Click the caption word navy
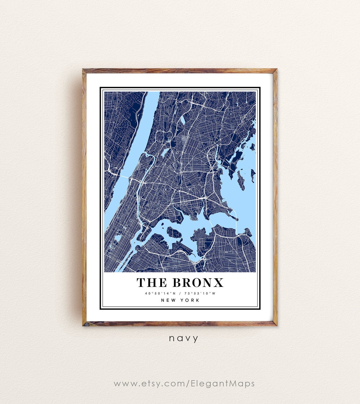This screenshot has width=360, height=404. coord(183,339)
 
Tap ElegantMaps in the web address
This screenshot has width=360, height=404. coord(223,383)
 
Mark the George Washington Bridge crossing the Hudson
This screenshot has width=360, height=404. coord(121,175)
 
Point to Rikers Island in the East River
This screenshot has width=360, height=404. coord(174,233)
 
